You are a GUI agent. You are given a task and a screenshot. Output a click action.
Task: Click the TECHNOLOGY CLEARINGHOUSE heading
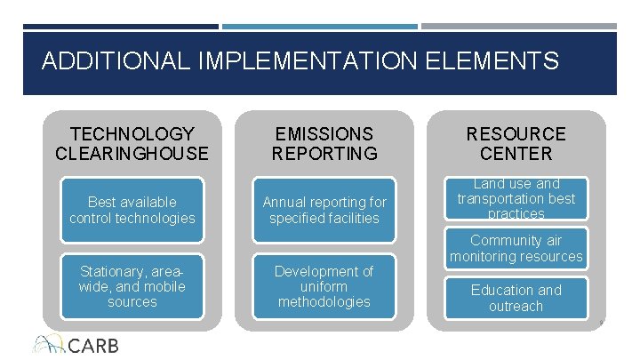pos(132,144)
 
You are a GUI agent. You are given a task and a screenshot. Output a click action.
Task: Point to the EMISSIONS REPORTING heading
pos(324,144)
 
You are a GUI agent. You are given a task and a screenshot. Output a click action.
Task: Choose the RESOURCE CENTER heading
pos(516,144)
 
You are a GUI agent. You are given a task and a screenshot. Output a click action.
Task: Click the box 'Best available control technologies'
pos(132,211)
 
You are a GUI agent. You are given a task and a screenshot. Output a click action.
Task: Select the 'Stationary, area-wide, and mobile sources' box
pos(132,286)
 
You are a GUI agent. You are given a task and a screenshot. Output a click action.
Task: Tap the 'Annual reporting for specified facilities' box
pos(324,211)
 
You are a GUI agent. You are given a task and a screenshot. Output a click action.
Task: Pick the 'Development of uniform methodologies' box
pos(324,286)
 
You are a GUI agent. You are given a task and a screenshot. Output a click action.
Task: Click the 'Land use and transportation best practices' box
pos(516,199)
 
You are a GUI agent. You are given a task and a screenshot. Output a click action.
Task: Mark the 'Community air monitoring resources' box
pos(516,248)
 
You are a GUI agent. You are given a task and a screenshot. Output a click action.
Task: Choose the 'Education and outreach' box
pos(516,298)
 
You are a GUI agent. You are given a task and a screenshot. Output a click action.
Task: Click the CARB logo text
pos(92,345)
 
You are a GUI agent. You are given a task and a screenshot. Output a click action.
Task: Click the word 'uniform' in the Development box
pos(324,286)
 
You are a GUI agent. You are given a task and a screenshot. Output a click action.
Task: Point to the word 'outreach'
pos(516,306)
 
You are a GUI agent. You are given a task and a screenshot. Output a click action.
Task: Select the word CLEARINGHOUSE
pos(132,154)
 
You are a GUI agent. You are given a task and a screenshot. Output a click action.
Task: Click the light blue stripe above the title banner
pos(319,27)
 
